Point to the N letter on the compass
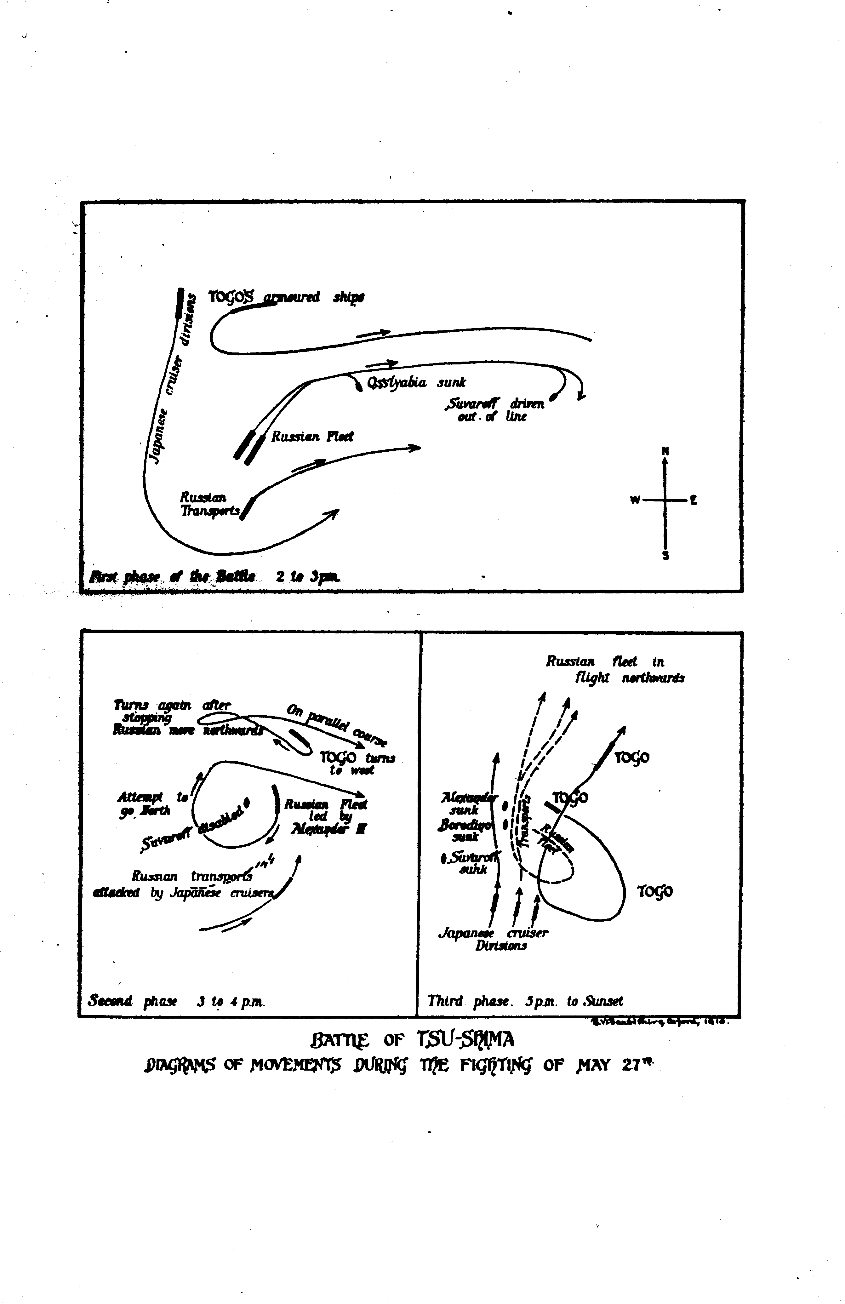(x=665, y=451)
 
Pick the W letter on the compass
(x=635, y=500)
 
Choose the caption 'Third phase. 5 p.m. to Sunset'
(x=525, y=1001)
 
